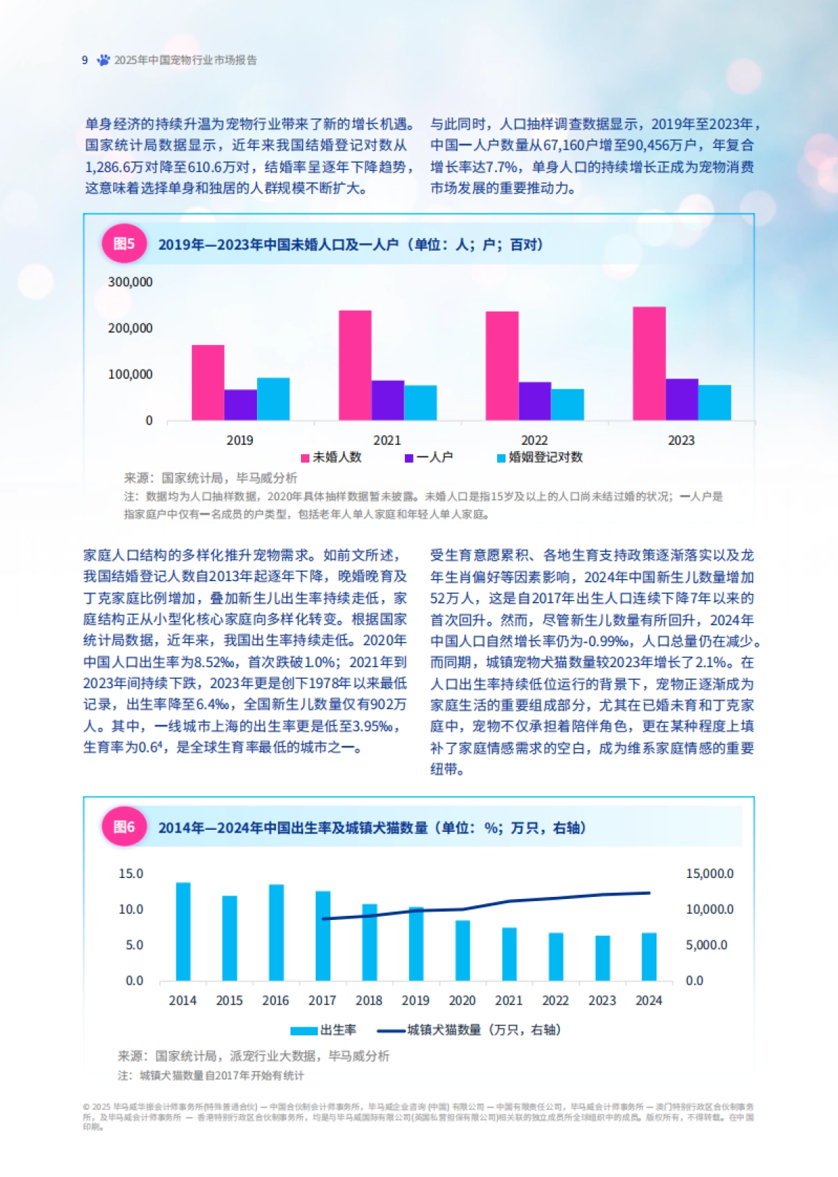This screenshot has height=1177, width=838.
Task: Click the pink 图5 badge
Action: click(x=124, y=244)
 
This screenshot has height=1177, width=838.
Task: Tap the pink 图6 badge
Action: click(x=124, y=827)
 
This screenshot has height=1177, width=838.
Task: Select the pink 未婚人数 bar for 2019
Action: click(x=208, y=383)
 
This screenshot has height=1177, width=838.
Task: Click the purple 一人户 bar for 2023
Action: click(x=682, y=400)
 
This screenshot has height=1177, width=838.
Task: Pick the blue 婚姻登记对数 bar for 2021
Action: click(x=420, y=403)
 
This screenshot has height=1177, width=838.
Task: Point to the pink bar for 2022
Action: click(x=502, y=366)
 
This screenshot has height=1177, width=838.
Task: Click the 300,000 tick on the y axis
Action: click(x=130, y=282)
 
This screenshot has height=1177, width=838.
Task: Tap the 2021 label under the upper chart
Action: click(x=387, y=440)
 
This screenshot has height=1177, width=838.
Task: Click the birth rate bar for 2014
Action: click(x=183, y=932)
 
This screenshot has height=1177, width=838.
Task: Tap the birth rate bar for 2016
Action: click(x=277, y=933)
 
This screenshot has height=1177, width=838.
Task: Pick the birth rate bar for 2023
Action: click(x=603, y=958)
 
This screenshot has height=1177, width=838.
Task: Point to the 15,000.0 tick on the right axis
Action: click(x=710, y=874)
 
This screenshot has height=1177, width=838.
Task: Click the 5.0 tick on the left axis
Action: click(x=134, y=945)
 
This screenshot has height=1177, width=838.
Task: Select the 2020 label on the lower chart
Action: click(x=462, y=1000)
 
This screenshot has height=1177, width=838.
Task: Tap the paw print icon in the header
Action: click(x=103, y=60)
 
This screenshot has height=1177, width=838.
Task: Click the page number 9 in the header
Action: click(x=84, y=60)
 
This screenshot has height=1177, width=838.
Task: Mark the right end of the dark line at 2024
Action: click(x=649, y=893)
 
